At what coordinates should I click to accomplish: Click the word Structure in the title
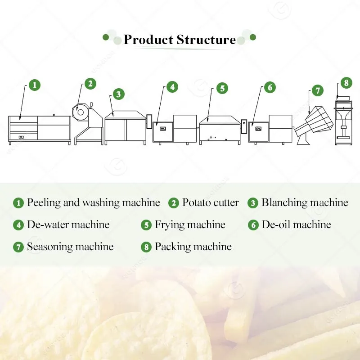click(206, 40)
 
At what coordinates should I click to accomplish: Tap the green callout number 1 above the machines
click(35, 85)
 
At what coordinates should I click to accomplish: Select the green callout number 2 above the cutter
click(90, 84)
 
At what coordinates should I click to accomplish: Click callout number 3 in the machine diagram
click(118, 94)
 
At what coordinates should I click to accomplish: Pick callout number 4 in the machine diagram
click(172, 87)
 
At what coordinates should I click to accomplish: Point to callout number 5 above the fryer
click(222, 88)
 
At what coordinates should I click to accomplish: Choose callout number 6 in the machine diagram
click(270, 87)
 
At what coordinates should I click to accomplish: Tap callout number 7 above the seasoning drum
click(318, 90)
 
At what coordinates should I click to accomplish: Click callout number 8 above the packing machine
click(346, 83)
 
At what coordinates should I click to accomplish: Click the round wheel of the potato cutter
click(81, 112)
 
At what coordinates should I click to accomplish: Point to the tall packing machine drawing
click(343, 121)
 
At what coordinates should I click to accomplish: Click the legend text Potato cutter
click(210, 202)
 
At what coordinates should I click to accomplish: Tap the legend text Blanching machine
click(305, 202)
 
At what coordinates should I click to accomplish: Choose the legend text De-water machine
click(68, 225)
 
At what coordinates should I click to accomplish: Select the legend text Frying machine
click(190, 225)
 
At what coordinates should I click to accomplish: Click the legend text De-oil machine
click(297, 225)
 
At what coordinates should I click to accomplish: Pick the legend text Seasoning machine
click(70, 247)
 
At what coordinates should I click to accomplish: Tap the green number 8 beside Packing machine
click(146, 247)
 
